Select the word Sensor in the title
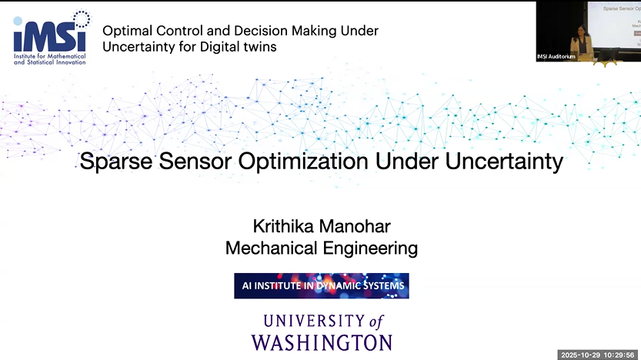click(x=205, y=162)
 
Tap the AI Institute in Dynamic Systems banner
click(x=321, y=286)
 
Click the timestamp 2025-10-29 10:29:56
click(x=599, y=354)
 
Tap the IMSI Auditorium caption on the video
click(x=556, y=57)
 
